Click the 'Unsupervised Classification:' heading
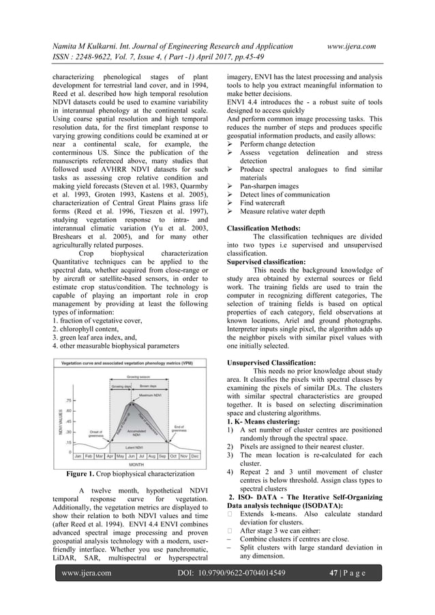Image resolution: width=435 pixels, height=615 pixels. pos(271,363)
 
